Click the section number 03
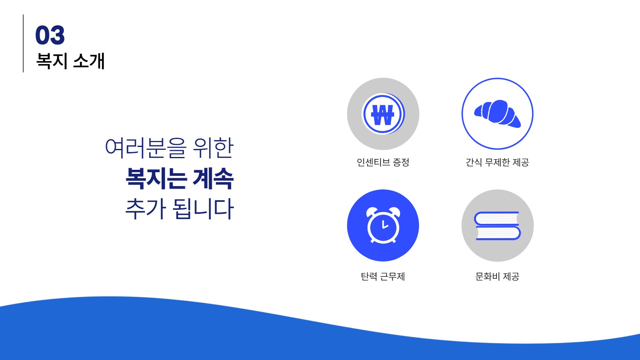pyautogui.click(x=50, y=35)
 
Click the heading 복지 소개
pyautogui.click(x=70, y=61)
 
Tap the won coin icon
pyautogui.click(x=383, y=114)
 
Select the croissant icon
pyautogui.click(x=498, y=114)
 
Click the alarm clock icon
pyautogui.click(x=383, y=225)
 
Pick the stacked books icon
pyautogui.click(x=498, y=226)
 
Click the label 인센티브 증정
pyautogui.click(x=383, y=162)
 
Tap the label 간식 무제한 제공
pyautogui.click(x=498, y=162)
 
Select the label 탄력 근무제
pyautogui.click(x=383, y=276)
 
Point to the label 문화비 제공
pyautogui.click(x=498, y=276)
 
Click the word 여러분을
pyautogui.click(x=146, y=148)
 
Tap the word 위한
pyautogui.click(x=213, y=148)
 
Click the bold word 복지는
pyautogui.click(x=156, y=178)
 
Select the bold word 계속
pyautogui.click(x=213, y=178)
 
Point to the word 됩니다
pyautogui.click(x=203, y=209)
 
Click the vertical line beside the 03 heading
pyautogui.click(x=23, y=43)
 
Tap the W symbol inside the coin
pyautogui.click(x=383, y=115)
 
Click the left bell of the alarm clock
pyautogui.click(x=371, y=211)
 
